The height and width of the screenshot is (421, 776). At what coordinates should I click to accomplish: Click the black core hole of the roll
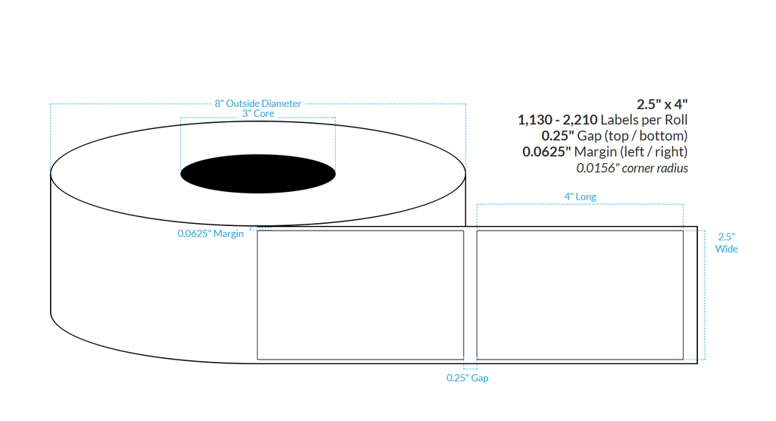click(258, 174)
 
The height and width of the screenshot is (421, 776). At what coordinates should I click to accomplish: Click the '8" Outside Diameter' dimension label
click(258, 103)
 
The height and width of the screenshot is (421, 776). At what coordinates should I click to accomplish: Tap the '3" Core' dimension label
click(258, 114)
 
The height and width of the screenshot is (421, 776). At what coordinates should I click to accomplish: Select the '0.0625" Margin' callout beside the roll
click(211, 234)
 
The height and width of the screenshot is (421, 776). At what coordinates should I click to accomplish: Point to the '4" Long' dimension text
click(580, 196)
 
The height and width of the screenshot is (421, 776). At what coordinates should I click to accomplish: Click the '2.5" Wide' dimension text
click(726, 243)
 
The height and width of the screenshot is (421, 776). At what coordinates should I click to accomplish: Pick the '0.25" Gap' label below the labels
click(467, 378)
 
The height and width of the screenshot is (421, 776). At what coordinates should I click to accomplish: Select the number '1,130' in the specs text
click(535, 120)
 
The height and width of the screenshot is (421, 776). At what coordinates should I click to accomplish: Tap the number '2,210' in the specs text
click(578, 120)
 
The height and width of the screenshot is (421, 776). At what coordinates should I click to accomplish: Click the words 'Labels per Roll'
click(644, 120)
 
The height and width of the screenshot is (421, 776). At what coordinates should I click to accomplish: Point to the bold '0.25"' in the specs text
click(559, 136)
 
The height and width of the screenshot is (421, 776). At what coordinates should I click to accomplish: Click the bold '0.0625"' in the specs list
click(547, 152)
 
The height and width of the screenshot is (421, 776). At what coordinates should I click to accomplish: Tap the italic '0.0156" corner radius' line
click(632, 168)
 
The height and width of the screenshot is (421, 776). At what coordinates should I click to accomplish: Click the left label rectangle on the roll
click(360, 294)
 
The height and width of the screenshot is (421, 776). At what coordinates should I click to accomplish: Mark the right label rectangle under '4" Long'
click(580, 294)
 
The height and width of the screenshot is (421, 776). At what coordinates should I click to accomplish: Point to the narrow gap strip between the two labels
click(470, 294)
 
